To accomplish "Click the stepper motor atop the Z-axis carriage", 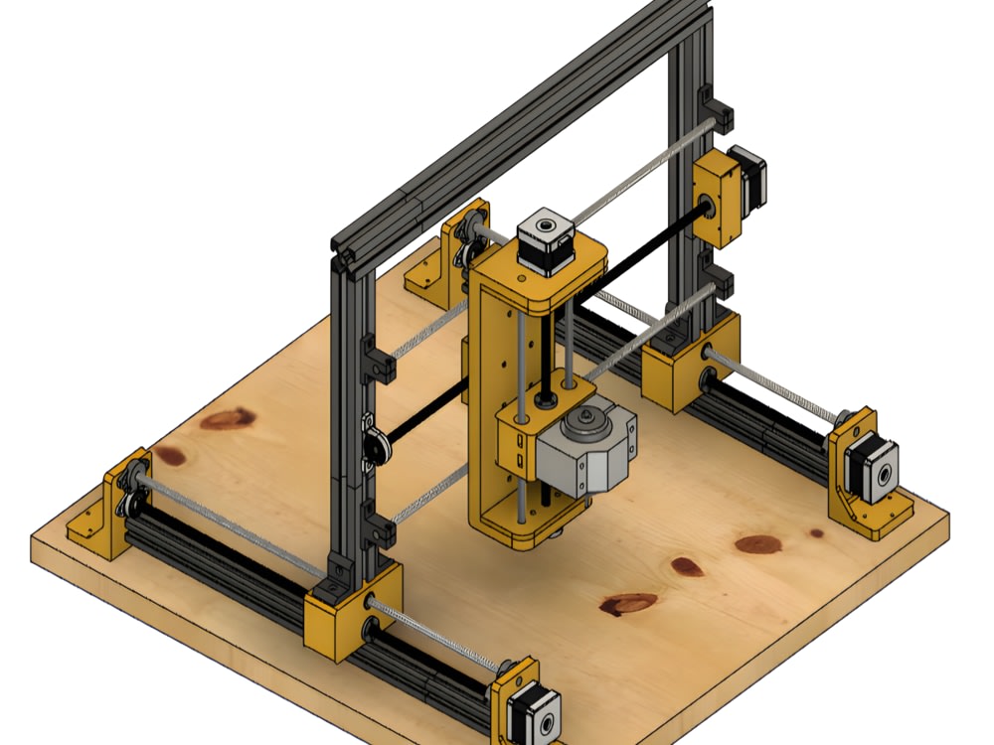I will (x=545, y=241).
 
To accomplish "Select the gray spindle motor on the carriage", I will (x=585, y=452).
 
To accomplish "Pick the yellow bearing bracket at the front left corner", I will (x=109, y=507).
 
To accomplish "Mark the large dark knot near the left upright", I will (x=227, y=419).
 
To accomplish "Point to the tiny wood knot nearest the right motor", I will (x=816, y=533).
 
